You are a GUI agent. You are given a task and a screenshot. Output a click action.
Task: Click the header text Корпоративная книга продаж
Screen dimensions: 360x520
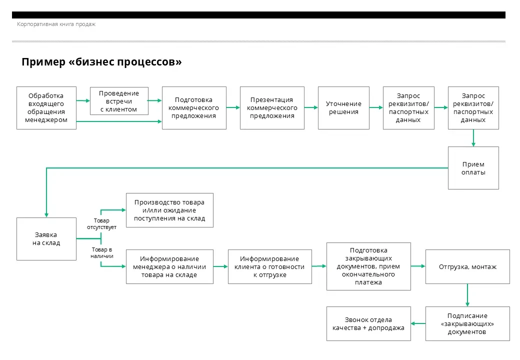coord(56,24)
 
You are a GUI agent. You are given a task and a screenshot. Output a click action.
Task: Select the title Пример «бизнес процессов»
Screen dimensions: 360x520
coord(101,62)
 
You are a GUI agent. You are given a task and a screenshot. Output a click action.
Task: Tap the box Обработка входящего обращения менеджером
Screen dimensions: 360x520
coord(46,108)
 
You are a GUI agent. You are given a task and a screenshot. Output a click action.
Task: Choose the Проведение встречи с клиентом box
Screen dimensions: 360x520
coord(118,101)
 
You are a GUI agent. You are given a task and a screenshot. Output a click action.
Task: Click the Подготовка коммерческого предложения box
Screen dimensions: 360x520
coord(194,108)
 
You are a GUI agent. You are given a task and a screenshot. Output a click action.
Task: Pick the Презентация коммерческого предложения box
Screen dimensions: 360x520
coord(272,108)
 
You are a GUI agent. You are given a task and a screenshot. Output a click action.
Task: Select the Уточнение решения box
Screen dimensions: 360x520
coord(343,108)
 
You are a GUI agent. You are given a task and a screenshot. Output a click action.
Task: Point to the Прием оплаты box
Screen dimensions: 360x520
coord(473,168)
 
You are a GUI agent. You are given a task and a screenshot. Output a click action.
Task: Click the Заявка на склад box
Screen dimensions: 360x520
coord(46,239)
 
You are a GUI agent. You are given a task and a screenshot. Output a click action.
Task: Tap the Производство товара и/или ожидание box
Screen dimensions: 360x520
coord(169,210)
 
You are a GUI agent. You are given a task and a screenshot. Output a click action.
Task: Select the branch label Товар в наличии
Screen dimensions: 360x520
coord(102,252)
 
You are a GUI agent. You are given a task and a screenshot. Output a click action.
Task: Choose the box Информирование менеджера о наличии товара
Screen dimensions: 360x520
coord(169,266)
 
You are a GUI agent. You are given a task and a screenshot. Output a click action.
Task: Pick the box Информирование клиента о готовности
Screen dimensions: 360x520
coord(269,266)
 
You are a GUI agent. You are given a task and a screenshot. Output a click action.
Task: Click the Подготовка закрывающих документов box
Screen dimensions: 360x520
coord(368,266)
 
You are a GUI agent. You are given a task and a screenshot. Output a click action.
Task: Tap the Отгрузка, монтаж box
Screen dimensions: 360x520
coord(467,266)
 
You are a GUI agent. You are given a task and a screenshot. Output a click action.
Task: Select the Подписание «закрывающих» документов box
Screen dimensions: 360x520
coord(467,323)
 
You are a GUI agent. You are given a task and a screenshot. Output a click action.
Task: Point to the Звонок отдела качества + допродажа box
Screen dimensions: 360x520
coord(368,323)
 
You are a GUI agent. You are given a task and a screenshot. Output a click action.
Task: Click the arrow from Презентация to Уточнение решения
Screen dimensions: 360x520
coord(311,107)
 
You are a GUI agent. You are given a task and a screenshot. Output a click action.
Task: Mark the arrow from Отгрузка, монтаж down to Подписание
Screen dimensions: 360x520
coord(467,295)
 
